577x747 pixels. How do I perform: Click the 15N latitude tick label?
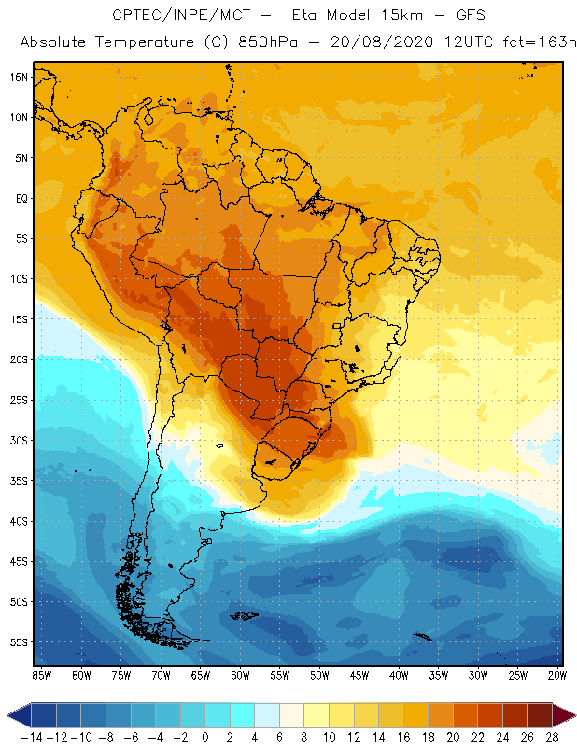19,77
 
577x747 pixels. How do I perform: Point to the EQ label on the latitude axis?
21,198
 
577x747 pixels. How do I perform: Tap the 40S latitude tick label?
19,521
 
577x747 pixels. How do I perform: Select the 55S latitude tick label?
19,642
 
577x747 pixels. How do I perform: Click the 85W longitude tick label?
41,675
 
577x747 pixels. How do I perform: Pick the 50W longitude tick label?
320,675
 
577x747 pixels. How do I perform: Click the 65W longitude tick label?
201,675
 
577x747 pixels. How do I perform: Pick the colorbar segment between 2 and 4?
243,715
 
